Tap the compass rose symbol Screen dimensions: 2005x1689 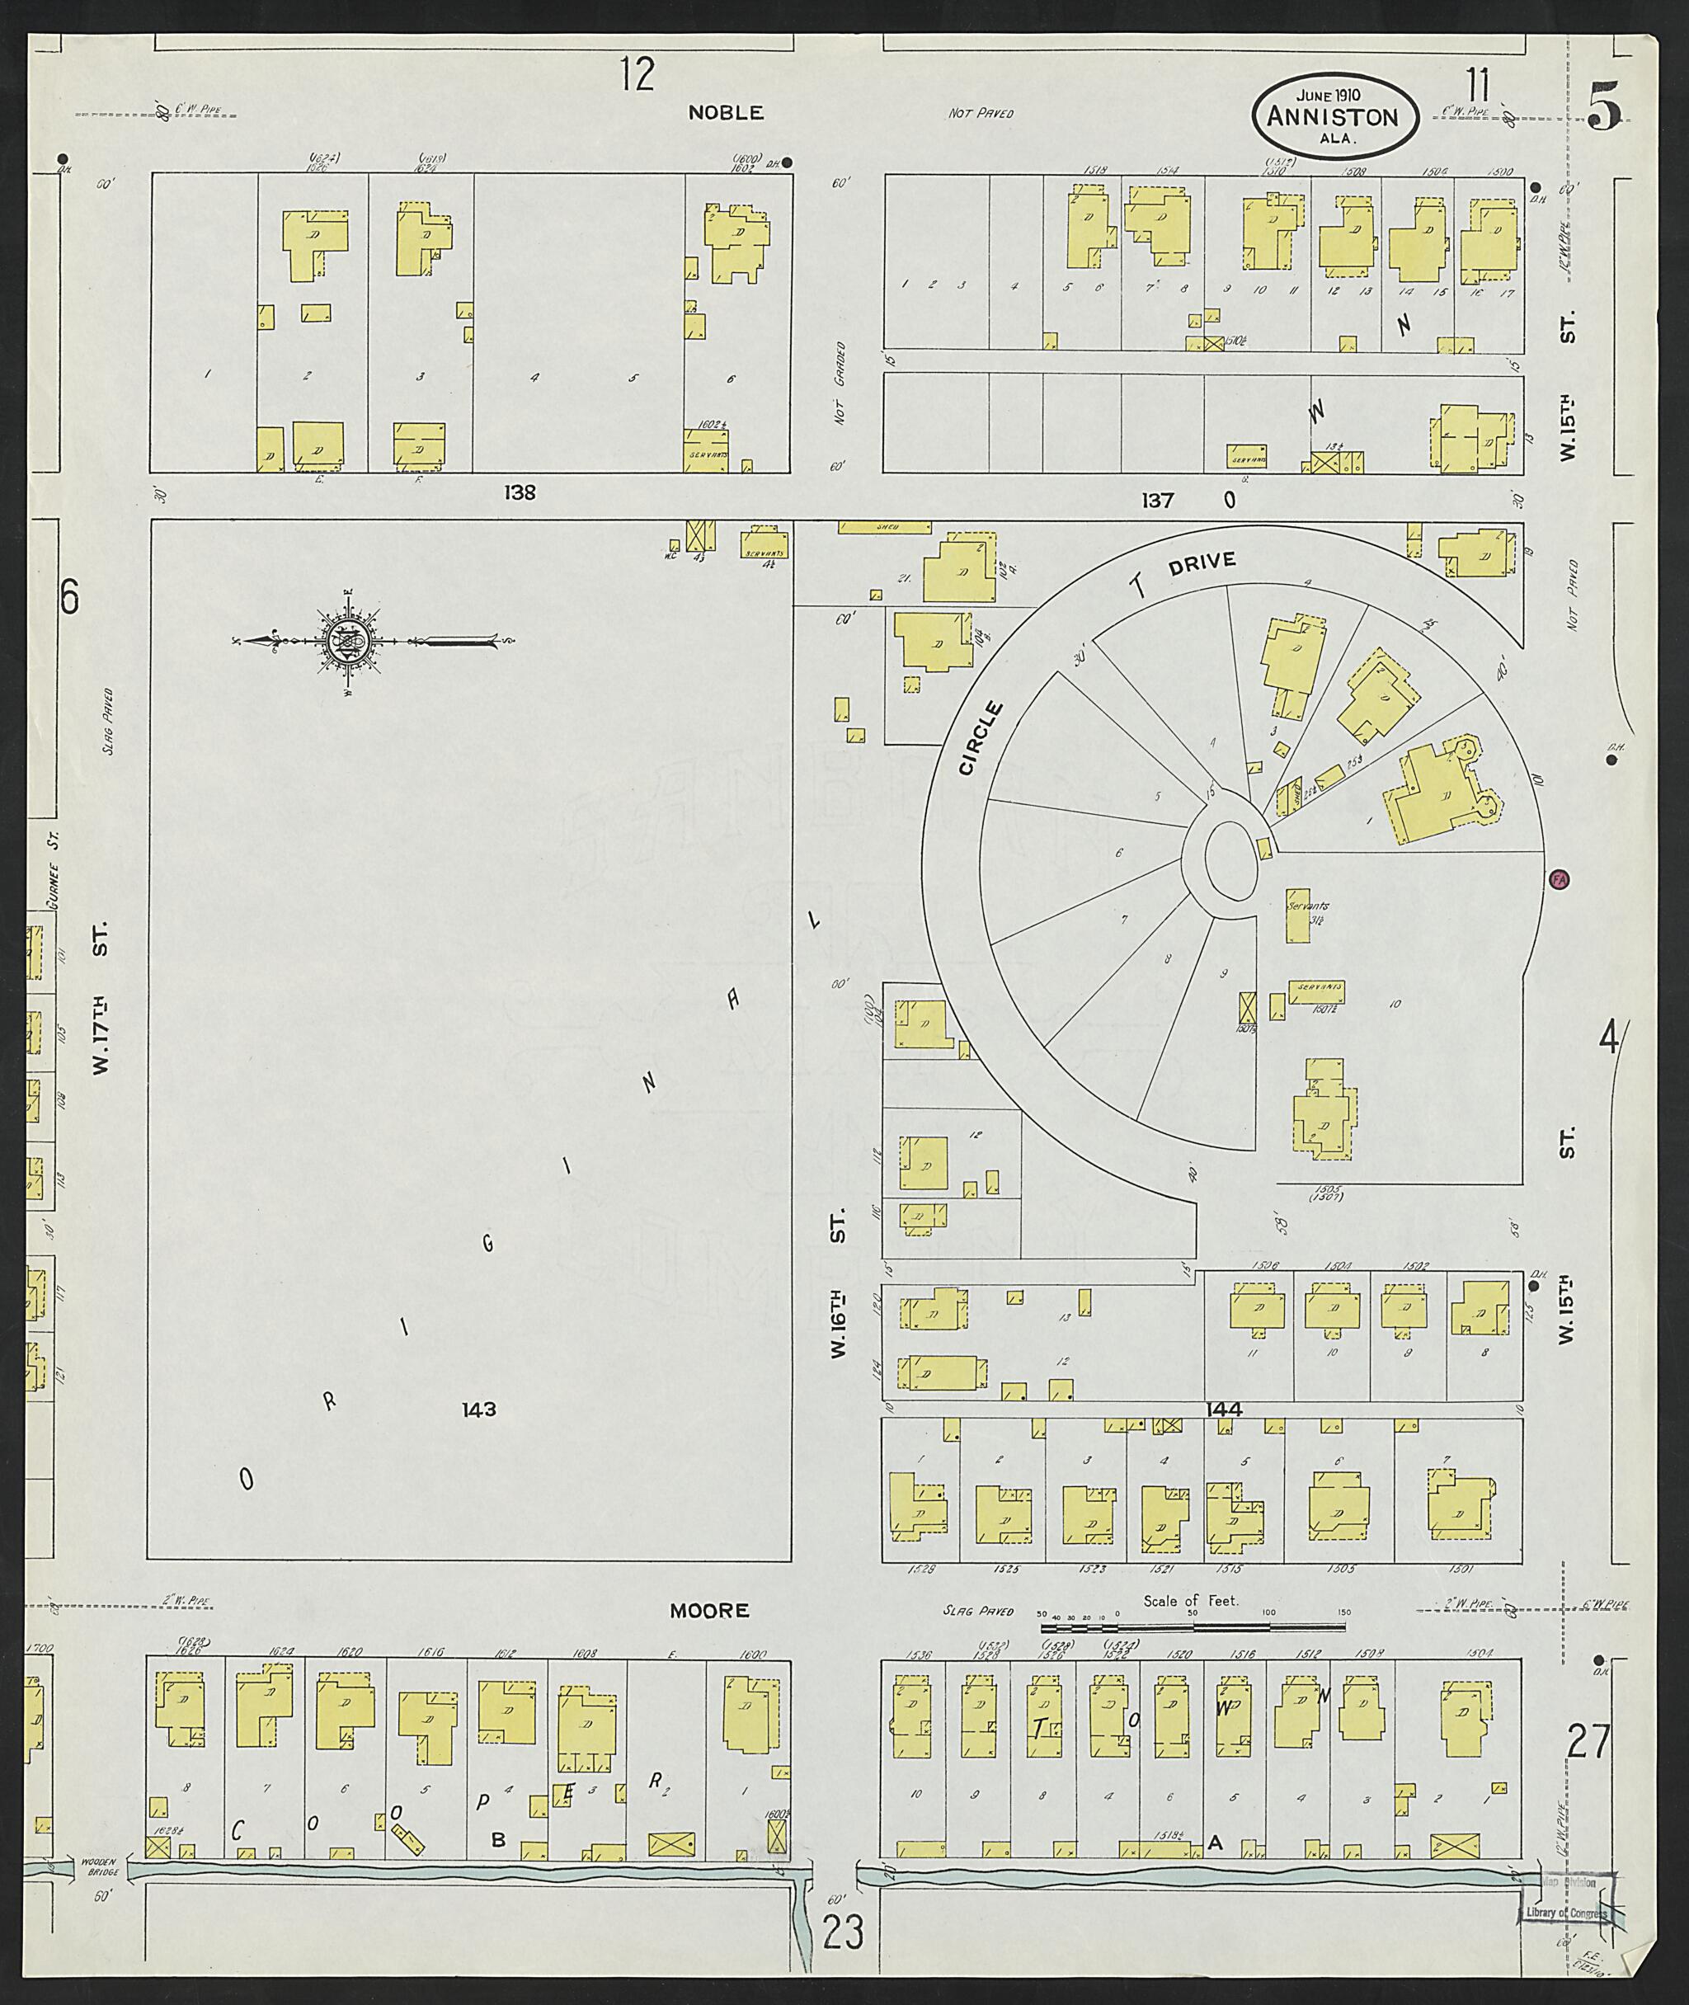click(345, 640)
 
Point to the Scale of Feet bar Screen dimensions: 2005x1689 click(1192, 1626)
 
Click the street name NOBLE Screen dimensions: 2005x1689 click(726, 113)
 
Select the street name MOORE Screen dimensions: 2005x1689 click(708, 1611)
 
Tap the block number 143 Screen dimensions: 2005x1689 click(478, 1410)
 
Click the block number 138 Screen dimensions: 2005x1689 click(520, 493)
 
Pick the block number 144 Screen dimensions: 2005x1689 click(1225, 1410)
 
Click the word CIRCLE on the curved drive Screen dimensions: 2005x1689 click(981, 738)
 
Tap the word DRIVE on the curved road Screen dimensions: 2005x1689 click(1202, 565)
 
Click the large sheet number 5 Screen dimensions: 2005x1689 click(1605, 106)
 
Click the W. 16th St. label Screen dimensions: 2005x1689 click(839, 1283)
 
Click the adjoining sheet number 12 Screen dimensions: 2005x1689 click(636, 73)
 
